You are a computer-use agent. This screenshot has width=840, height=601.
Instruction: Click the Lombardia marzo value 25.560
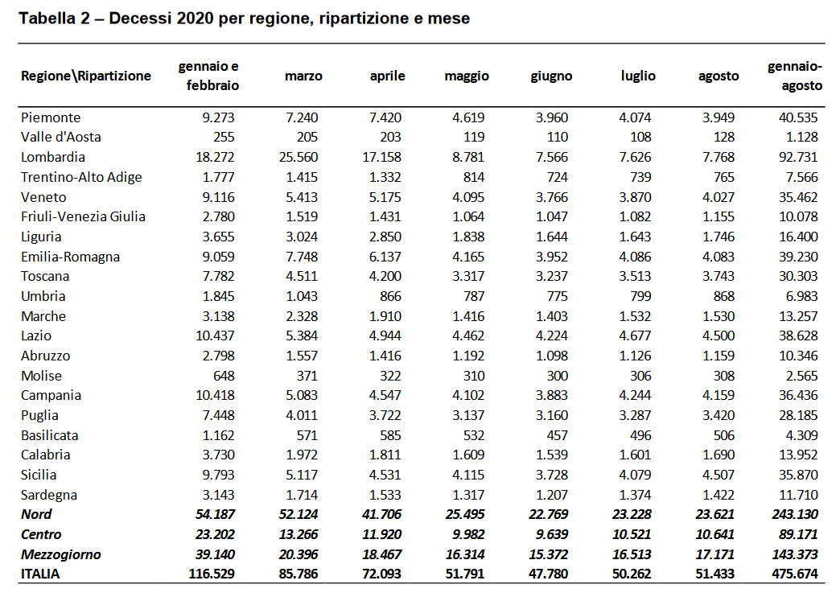[x=299, y=157]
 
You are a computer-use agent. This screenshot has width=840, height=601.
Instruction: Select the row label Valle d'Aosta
[x=60, y=137]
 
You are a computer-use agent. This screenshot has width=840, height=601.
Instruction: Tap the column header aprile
[x=387, y=76]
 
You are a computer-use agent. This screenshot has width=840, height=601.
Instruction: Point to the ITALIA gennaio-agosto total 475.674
[x=795, y=574]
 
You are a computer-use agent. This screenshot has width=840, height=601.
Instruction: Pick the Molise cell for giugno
[x=557, y=376]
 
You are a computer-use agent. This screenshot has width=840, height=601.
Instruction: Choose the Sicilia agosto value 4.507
[x=719, y=475]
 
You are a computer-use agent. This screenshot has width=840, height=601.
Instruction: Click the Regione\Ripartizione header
[x=86, y=76]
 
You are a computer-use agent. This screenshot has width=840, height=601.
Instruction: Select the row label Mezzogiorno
[x=60, y=554]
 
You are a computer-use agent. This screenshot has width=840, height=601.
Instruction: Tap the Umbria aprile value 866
[x=390, y=296]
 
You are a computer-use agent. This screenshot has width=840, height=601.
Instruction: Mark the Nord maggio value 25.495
[x=465, y=514]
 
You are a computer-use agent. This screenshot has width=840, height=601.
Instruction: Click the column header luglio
[x=638, y=76]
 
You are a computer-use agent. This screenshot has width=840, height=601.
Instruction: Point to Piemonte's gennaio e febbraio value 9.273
[x=219, y=117]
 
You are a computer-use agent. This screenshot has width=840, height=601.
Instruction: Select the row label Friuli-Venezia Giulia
[x=83, y=216]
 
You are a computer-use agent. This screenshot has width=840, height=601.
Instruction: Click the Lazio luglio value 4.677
[x=635, y=335]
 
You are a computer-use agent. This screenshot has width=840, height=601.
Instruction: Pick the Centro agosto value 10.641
[x=715, y=534]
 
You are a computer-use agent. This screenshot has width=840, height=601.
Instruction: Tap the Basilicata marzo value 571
[x=307, y=435]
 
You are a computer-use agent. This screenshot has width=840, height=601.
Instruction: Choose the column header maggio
[x=467, y=76]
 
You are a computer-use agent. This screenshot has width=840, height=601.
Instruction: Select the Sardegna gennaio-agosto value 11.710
[x=798, y=495]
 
